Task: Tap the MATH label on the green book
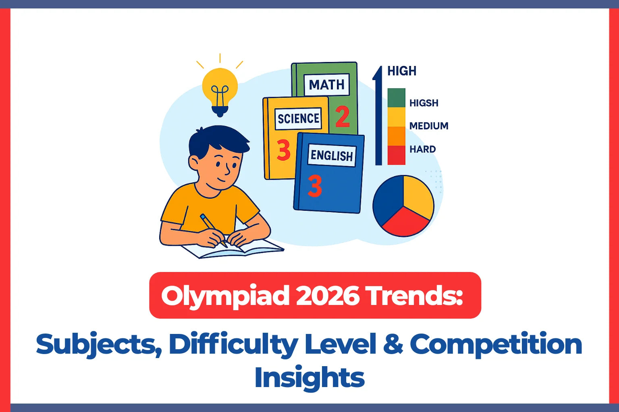[x=326, y=85]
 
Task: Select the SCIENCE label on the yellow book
[x=298, y=119]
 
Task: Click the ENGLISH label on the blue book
[x=331, y=155]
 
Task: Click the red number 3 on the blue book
[x=315, y=186]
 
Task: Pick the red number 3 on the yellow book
[x=283, y=150]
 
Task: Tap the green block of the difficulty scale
[x=396, y=98]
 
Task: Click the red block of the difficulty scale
[x=396, y=155]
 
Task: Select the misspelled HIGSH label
[x=424, y=103]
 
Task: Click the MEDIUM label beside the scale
[x=429, y=126]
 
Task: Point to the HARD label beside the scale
[x=423, y=149]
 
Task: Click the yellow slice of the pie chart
[x=418, y=195]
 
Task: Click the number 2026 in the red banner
[x=327, y=296]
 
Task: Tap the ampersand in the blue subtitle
[x=393, y=344]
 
